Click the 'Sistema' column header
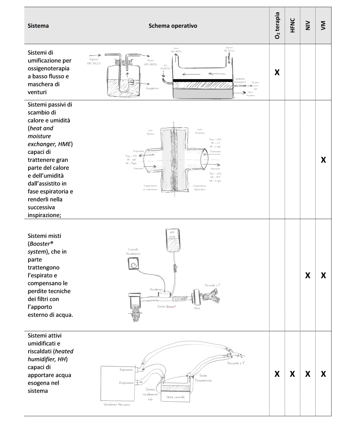point(38,26)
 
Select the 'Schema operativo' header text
point(173,26)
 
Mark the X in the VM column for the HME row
point(323,159)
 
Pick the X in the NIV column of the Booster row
point(308,275)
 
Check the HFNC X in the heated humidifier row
point(292,374)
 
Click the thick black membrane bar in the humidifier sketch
point(203,80)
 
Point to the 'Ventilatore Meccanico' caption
point(117,404)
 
